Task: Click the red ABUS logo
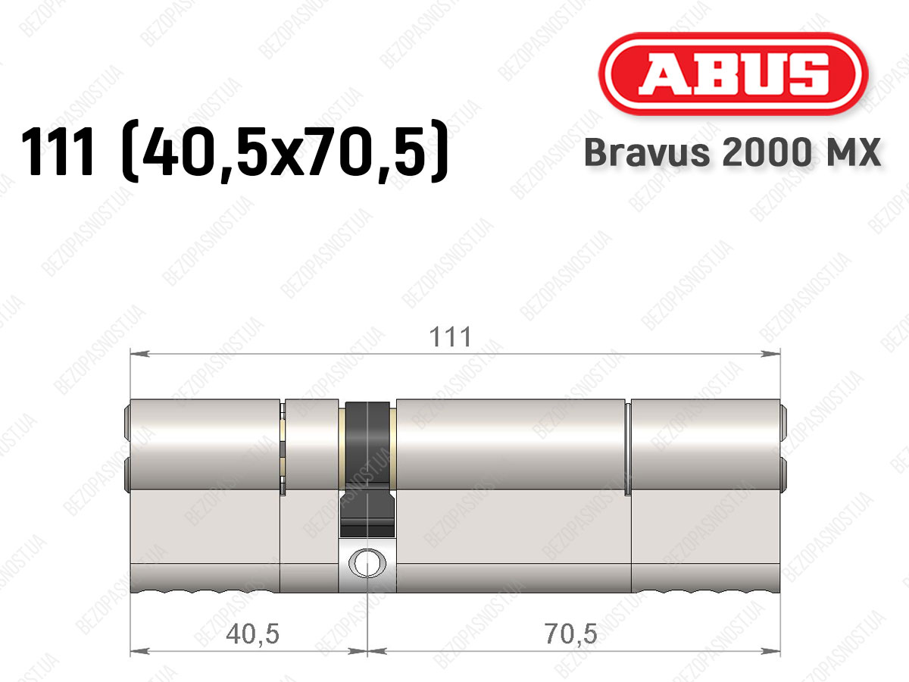click(x=733, y=74)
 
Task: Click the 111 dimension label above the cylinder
click(x=451, y=337)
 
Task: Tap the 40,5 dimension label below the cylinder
click(x=252, y=634)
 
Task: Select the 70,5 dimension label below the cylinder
click(x=571, y=634)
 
